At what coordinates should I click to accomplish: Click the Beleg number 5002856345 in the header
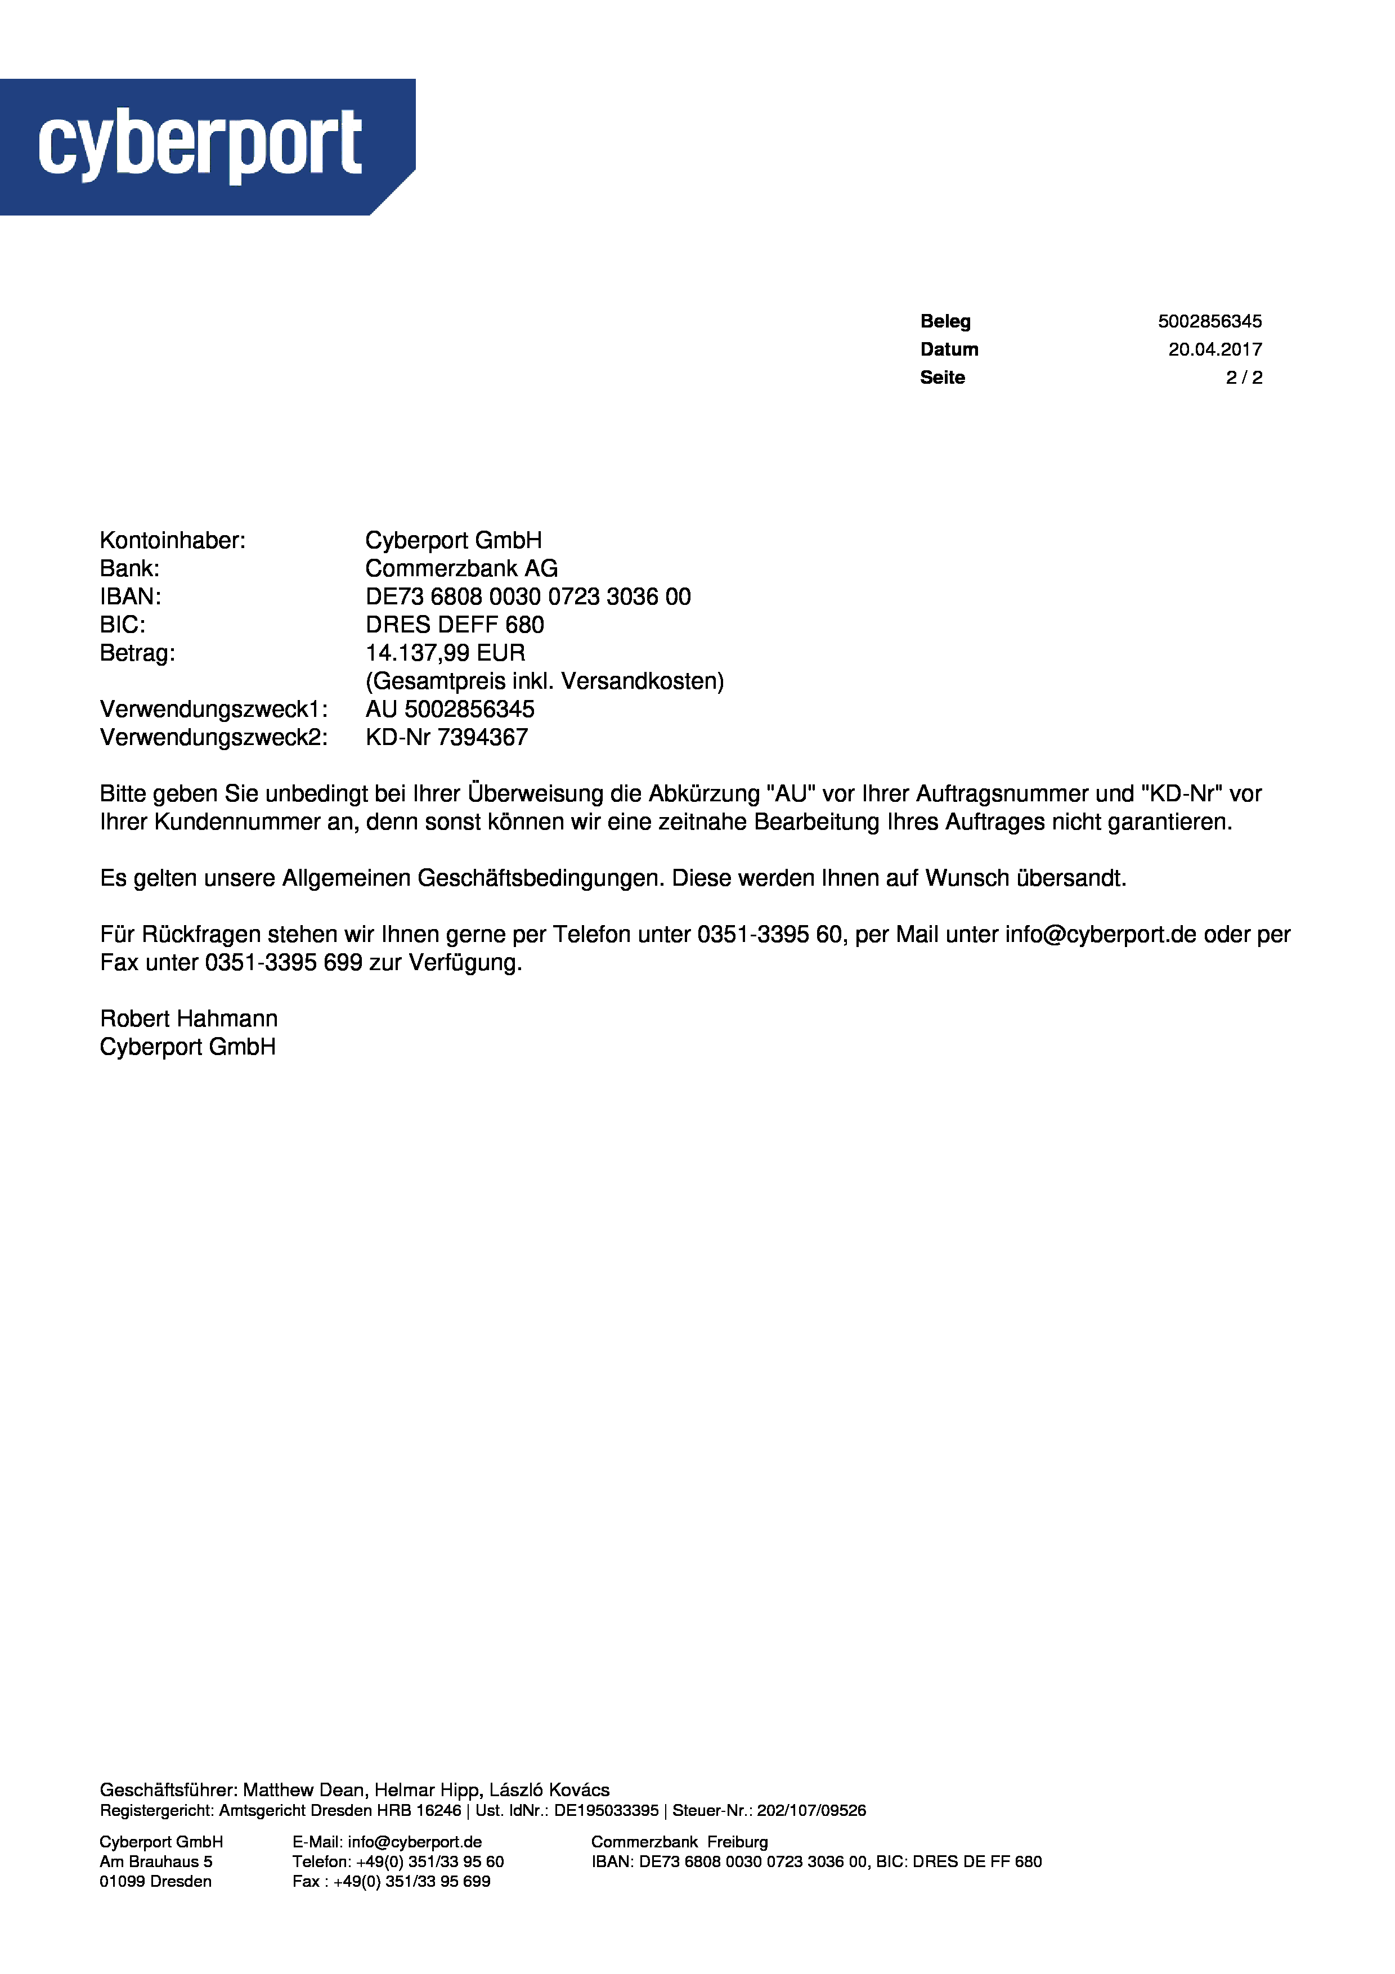(1209, 321)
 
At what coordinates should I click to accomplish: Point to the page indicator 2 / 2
(1243, 378)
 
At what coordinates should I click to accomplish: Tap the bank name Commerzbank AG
(461, 569)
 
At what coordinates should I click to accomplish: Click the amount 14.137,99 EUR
(445, 653)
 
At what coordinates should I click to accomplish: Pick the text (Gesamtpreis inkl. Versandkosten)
(544, 682)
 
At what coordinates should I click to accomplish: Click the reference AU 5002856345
(450, 710)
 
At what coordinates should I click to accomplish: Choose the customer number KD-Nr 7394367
(446, 738)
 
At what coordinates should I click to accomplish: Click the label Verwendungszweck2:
(213, 738)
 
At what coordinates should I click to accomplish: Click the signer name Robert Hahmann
(189, 1020)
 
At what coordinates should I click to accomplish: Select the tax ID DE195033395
(606, 1811)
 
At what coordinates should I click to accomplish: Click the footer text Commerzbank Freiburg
(679, 1842)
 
